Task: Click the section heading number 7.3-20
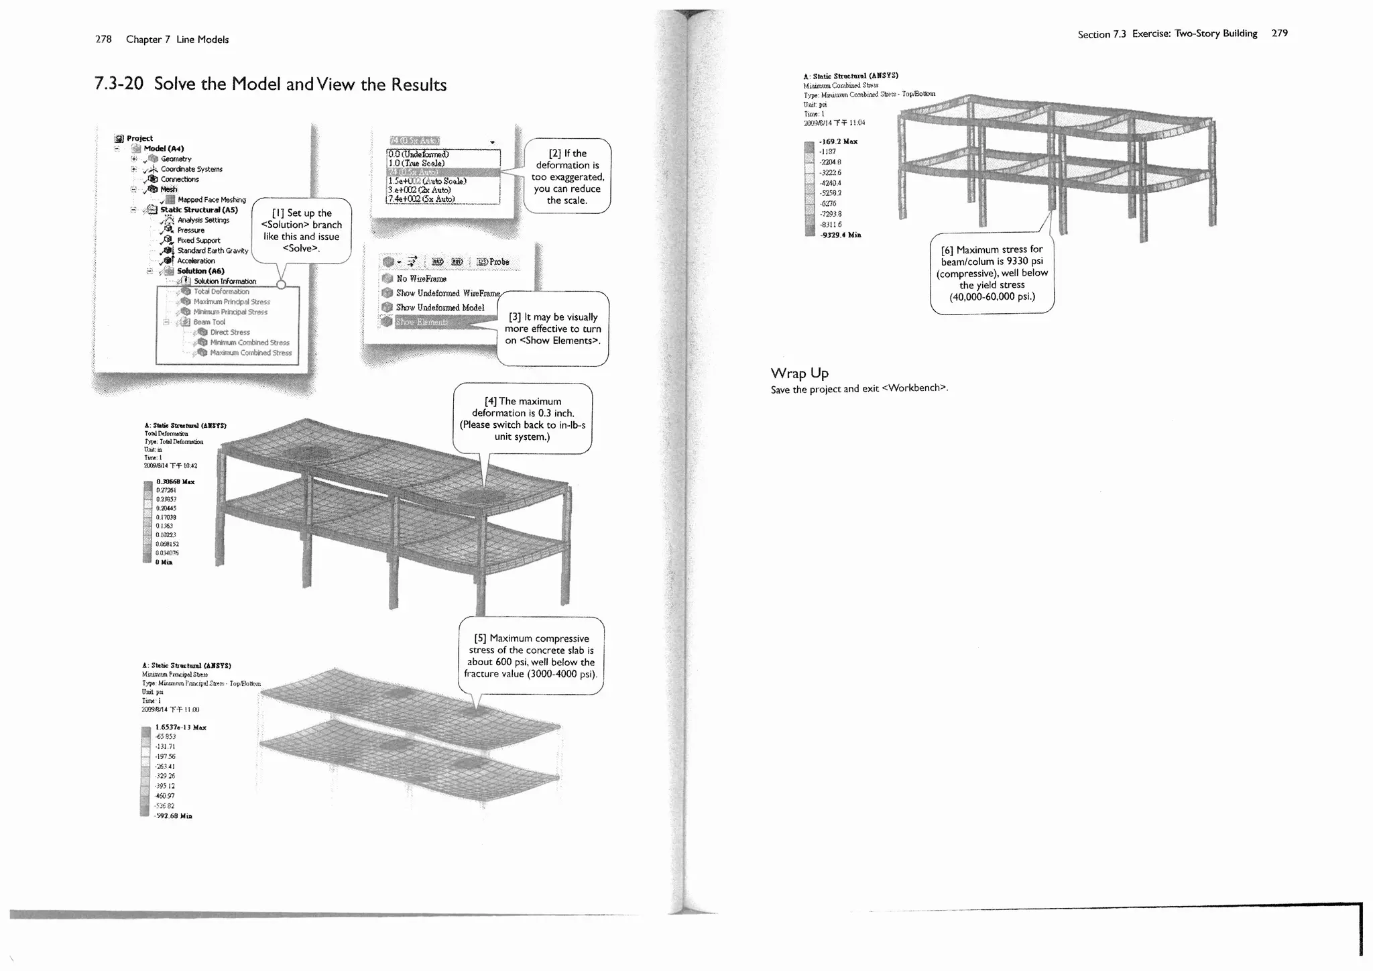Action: (119, 84)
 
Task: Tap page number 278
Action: (103, 40)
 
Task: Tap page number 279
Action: (1279, 33)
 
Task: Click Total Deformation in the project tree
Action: (221, 292)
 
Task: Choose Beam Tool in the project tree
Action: (209, 323)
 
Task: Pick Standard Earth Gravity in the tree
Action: (212, 251)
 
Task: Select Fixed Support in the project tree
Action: (198, 240)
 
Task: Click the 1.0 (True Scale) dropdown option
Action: (416, 164)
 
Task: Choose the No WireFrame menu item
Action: (420, 279)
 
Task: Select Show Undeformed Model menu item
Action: (439, 308)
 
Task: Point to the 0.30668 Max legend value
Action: (175, 481)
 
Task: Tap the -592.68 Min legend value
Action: (173, 816)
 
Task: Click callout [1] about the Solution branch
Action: (301, 231)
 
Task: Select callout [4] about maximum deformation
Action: (522, 419)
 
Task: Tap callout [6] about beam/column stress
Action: (992, 273)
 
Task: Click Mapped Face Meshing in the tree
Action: (211, 200)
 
